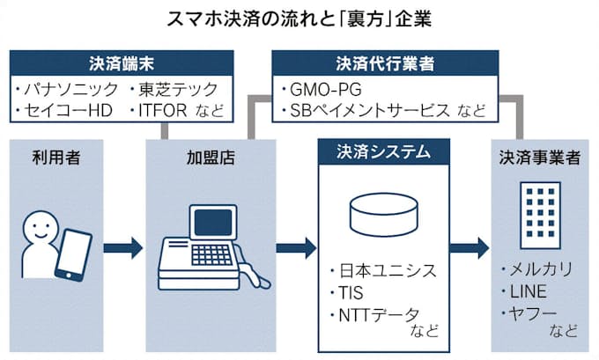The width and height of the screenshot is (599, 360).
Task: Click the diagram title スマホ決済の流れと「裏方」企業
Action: click(299, 17)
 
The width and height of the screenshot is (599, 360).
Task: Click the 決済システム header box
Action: click(383, 151)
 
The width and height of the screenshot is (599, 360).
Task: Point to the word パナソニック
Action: click(66, 89)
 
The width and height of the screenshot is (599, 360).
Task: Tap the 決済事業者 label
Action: click(539, 158)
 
